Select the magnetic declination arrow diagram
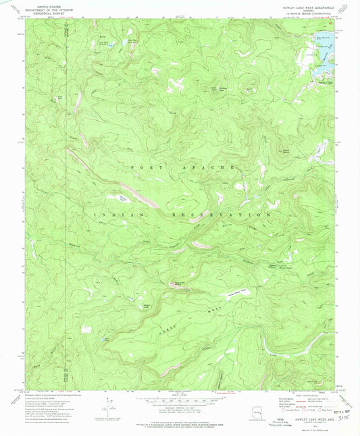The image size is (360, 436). (x=105, y=408)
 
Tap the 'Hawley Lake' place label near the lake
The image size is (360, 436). (x=325, y=82)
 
